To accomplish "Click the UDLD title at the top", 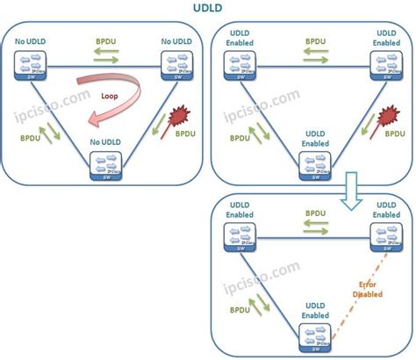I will click(x=208, y=10).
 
